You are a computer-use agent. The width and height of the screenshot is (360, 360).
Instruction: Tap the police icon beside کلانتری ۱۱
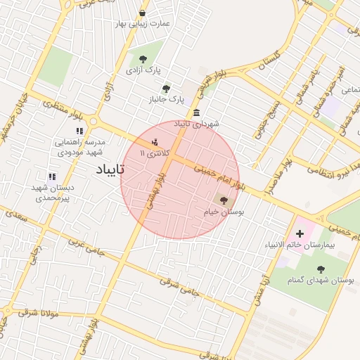tap(155, 141)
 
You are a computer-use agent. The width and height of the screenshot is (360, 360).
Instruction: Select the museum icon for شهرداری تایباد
tap(195, 113)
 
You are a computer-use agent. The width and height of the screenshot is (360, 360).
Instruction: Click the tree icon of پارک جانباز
tap(166, 89)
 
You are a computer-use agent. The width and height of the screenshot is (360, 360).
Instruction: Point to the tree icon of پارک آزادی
tap(143, 60)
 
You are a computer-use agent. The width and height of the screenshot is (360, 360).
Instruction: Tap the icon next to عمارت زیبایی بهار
tap(143, 13)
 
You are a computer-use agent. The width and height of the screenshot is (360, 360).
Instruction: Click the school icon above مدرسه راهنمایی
tap(79, 131)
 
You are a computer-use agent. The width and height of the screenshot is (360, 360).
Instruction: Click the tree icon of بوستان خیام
tap(224, 200)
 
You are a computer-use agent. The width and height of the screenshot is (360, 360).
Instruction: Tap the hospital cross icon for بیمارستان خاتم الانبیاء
tap(301, 233)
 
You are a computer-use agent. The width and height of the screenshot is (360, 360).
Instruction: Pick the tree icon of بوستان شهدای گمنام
tap(321, 269)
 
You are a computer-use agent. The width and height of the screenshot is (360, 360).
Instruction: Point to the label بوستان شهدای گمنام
tap(321, 281)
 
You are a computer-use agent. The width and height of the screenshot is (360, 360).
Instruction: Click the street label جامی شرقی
tap(176, 285)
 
